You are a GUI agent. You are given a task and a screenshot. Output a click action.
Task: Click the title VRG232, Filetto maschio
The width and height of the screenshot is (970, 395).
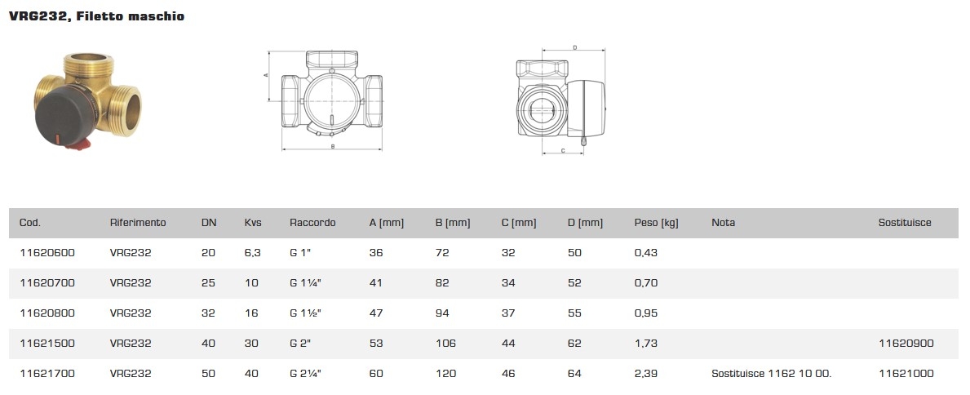[96, 16]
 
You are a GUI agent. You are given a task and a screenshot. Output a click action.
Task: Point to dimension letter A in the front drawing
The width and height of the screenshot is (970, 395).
[265, 75]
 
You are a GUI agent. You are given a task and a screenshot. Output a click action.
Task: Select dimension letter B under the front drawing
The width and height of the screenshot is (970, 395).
[332, 147]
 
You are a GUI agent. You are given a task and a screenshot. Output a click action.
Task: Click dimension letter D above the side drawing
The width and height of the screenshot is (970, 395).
[574, 47]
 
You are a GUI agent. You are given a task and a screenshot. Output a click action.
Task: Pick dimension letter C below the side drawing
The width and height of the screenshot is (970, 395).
[563, 150]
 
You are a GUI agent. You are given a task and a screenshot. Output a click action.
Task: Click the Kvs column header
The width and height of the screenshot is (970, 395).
[253, 223]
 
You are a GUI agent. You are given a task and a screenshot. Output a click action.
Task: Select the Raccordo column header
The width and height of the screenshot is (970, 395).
[312, 223]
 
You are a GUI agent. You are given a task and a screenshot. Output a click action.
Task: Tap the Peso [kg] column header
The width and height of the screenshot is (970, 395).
[657, 223]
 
